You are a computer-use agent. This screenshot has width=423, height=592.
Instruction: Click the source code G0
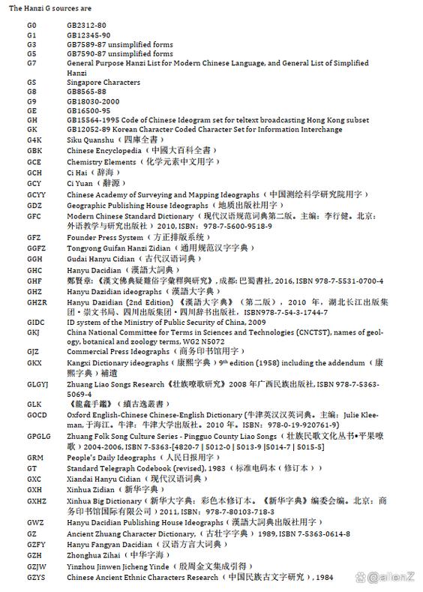pyautogui.click(x=31, y=26)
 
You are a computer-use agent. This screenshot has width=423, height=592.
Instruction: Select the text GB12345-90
pyautogui.click(x=88, y=35)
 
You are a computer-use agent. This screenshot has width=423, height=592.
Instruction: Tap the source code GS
pyautogui.click(x=31, y=82)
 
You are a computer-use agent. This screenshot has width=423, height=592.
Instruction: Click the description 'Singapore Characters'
pyautogui.click(x=103, y=82)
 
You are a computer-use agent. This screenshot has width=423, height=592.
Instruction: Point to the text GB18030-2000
pyautogui.click(x=93, y=101)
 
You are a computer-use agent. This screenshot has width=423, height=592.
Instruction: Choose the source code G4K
pyautogui.click(x=34, y=139)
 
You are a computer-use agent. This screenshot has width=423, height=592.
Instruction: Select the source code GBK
pyautogui.click(x=34, y=151)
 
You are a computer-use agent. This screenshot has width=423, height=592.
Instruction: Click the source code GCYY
pyautogui.click(x=36, y=194)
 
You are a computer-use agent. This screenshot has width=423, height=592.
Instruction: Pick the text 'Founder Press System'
pyautogui.click(x=104, y=237)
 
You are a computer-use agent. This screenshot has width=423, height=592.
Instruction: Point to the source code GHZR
pyautogui.click(x=37, y=302)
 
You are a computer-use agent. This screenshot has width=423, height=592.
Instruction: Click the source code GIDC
pyautogui.click(x=35, y=322)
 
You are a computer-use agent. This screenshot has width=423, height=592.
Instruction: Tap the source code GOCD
pyautogui.click(x=36, y=414)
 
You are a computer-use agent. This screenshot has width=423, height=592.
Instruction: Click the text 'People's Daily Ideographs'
pyautogui.click(x=111, y=457)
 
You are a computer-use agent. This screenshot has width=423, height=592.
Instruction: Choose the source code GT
pyautogui.click(x=31, y=467)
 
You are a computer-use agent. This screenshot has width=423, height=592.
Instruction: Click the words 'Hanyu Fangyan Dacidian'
pyautogui.click(x=108, y=544)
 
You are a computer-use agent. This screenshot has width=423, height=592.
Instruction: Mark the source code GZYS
pyautogui.click(x=36, y=577)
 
